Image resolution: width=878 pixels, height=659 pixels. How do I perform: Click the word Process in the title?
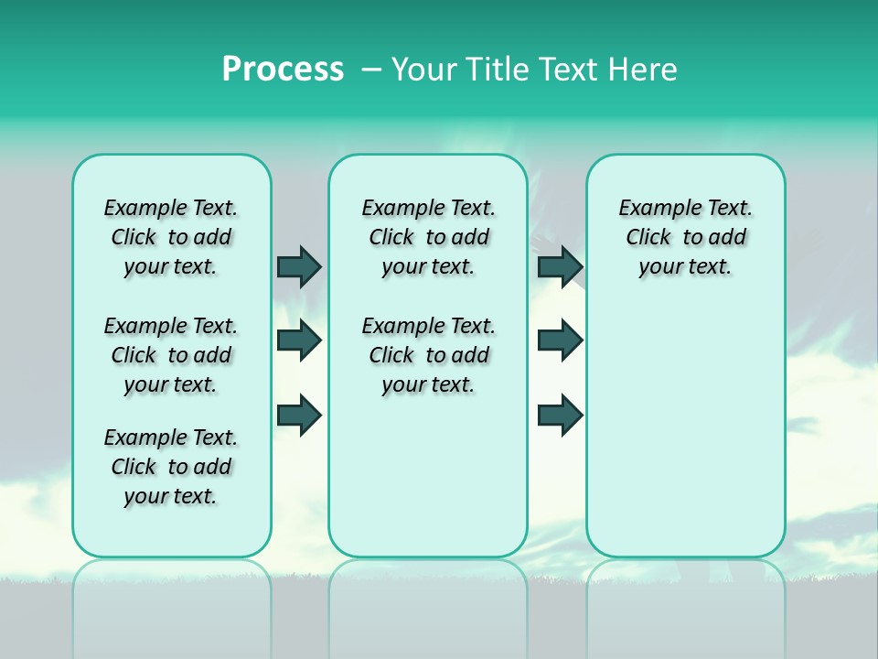pyautogui.click(x=283, y=69)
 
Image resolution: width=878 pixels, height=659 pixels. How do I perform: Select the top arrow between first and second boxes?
pyautogui.click(x=299, y=266)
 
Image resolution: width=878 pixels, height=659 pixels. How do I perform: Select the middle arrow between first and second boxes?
pyautogui.click(x=299, y=340)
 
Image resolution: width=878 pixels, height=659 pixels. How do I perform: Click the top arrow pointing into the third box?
pyautogui.click(x=560, y=266)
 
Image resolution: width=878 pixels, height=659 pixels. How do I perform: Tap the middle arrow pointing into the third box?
pyautogui.click(x=560, y=340)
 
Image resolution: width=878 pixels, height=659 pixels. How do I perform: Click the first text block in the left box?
pyautogui.click(x=171, y=237)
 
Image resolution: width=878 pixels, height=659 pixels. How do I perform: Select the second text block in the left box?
pyautogui.click(x=171, y=355)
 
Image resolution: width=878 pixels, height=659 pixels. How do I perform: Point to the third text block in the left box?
pyautogui.click(x=171, y=467)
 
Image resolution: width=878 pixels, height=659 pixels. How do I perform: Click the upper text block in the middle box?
pyautogui.click(x=428, y=237)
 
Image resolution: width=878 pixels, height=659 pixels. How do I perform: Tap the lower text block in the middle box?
pyautogui.click(x=428, y=355)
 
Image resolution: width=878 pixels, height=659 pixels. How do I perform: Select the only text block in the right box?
pyautogui.click(x=685, y=237)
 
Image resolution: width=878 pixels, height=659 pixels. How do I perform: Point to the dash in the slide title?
pyautogui.click(x=371, y=70)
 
